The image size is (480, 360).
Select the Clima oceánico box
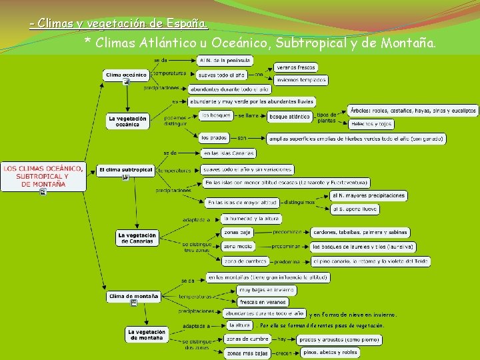tap(126, 75)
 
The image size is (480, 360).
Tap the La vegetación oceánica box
tap(127, 121)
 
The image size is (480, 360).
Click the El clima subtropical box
tap(125, 170)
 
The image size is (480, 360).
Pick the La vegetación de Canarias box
tap(137, 238)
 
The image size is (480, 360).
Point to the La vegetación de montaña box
tap(146, 335)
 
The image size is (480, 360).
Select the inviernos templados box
tap(301, 80)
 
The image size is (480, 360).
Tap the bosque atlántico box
tap(290, 117)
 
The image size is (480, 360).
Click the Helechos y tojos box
tap(371, 124)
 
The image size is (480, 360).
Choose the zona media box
tap(237, 247)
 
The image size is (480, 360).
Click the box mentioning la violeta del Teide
tap(370, 261)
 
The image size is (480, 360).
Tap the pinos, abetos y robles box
tap(330, 353)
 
